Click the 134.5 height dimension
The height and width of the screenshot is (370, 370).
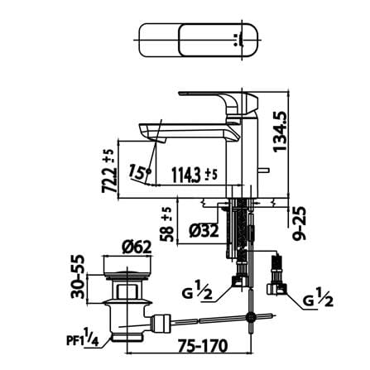(280, 131)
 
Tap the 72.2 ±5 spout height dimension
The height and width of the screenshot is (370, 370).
(108, 171)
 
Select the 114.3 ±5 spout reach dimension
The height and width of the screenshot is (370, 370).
(195, 175)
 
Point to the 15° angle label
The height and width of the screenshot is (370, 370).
(140, 172)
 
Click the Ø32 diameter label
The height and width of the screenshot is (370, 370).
(204, 231)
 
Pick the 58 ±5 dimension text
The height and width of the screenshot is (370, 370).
(167, 224)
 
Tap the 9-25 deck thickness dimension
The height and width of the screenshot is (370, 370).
(300, 223)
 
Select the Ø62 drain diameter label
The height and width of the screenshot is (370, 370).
(137, 247)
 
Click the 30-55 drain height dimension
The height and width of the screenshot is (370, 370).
(78, 276)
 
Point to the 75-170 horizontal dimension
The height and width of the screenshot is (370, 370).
(202, 345)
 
